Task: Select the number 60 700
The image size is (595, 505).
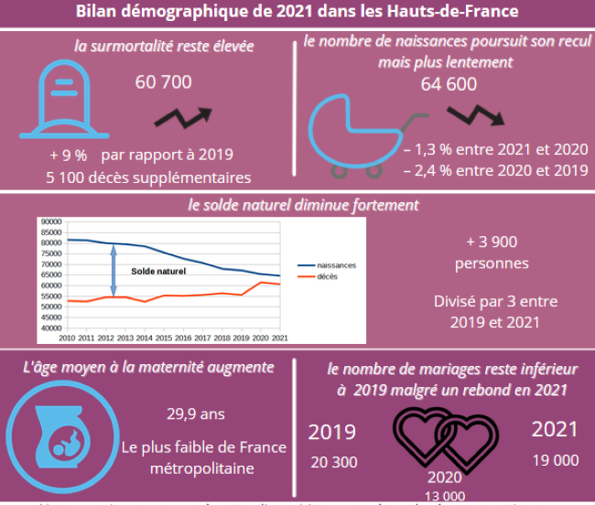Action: coord(163,83)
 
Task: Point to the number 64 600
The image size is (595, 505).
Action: coord(449,85)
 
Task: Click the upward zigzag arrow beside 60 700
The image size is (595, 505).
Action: coord(183,116)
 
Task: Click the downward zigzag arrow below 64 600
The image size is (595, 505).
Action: coord(476,113)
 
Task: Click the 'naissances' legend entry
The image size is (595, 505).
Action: coord(335,265)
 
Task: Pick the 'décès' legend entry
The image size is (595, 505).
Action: coord(327,276)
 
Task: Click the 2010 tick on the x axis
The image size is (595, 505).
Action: coord(66,338)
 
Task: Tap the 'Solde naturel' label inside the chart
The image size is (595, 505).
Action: coord(157,272)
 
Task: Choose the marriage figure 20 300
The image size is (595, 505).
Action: coord(332,462)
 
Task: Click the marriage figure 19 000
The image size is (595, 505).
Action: coord(555,461)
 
